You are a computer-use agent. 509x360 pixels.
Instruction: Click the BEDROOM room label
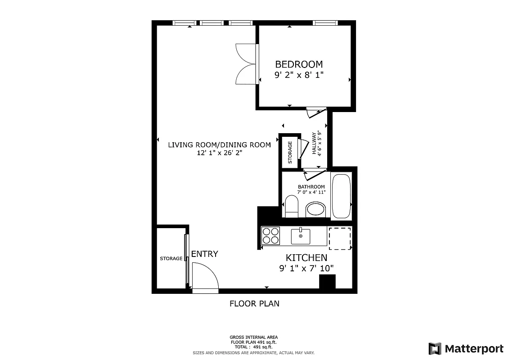pos(299,64)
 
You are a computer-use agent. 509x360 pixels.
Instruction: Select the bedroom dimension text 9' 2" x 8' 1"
pos(299,75)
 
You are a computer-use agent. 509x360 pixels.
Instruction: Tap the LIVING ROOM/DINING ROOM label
pos(219,145)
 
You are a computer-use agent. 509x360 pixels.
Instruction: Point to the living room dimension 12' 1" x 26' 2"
pos(219,153)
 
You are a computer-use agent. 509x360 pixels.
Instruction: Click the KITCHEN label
pos(306,258)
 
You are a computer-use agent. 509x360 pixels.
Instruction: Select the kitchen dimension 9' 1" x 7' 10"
pos(306,269)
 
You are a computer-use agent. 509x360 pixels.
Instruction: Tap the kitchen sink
pos(300,236)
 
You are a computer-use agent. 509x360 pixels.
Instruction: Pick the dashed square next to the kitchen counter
pos(340,238)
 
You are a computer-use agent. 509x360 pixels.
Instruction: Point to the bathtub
pos(341,196)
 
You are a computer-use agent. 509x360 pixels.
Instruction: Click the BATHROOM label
pos(311,187)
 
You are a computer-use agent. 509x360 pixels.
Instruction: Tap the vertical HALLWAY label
pos(316,143)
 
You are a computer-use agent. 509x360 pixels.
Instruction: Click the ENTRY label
pos(204,254)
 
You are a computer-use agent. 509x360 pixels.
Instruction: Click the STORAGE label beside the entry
pos(171,259)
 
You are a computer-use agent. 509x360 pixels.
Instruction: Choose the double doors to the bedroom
pos(247,63)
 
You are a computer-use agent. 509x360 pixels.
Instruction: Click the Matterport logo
pos(466,348)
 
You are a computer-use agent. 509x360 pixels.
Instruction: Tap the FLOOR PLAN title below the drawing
pos(254,304)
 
